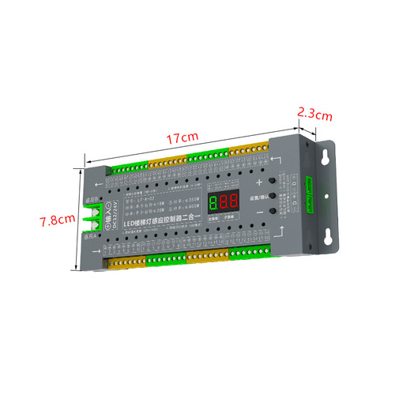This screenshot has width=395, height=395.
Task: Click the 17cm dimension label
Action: [x=183, y=138]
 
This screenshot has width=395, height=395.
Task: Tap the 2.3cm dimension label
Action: [x=314, y=114]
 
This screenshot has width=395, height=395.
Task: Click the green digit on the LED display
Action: [x=212, y=201]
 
